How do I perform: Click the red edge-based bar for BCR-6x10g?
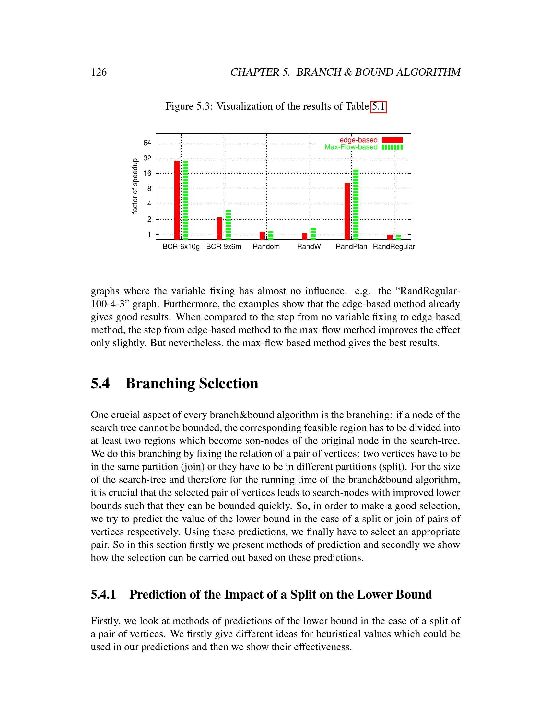tap(177, 200)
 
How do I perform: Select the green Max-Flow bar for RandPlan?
tap(356, 204)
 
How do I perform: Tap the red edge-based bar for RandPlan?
tap(347, 211)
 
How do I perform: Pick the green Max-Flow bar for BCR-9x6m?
tap(228, 225)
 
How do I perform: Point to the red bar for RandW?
tap(305, 236)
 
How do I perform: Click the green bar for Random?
tap(271, 235)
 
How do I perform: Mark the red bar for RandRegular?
tap(390, 237)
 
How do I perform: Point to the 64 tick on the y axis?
tap(147, 143)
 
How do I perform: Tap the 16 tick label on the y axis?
tap(147, 173)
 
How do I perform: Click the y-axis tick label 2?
tap(149, 219)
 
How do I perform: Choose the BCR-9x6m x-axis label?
tap(224, 247)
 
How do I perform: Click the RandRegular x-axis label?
tap(394, 247)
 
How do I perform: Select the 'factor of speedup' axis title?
tap(135, 186)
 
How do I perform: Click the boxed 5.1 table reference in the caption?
tap(378, 106)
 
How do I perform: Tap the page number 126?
tap(99, 72)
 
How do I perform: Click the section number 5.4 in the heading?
tap(100, 383)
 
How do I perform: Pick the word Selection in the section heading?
tap(229, 383)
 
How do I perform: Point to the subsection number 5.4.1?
tap(103, 594)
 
